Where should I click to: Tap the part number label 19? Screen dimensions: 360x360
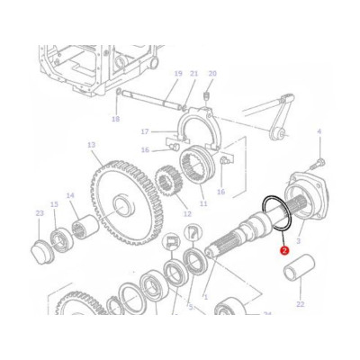(x=178, y=74)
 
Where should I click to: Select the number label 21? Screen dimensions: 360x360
(x=193, y=74)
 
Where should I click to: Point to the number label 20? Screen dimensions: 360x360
(x=212, y=74)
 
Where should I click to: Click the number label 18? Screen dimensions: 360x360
(x=115, y=119)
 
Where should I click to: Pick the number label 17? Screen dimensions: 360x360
(x=144, y=132)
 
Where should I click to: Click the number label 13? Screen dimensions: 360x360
(x=91, y=144)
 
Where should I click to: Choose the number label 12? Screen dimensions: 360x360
(x=187, y=213)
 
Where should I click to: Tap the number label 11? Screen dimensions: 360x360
(x=202, y=205)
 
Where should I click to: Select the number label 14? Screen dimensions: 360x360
(x=70, y=195)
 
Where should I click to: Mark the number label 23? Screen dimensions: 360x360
(x=39, y=212)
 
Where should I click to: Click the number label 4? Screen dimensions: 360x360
(x=319, y=132)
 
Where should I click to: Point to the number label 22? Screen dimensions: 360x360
(x=300, y=306)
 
